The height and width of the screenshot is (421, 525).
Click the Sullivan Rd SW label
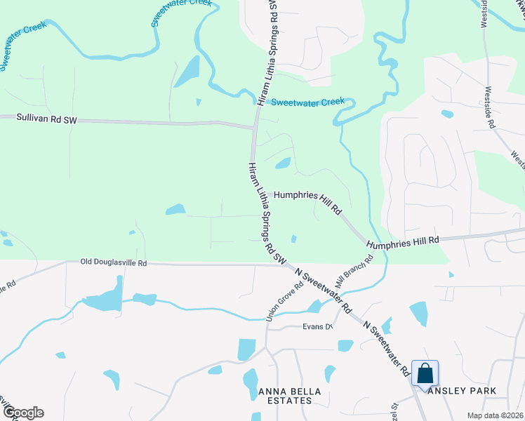pyautogui.click(x=46, y=120)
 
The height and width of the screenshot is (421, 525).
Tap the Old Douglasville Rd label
pyautogui.click(x=113, y=263)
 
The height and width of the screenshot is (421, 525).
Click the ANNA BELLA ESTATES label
pyautogui.click(x=285, y=396)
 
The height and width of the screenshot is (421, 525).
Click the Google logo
pyautogui.click(x=22, y=413)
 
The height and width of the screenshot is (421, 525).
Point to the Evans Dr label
pyautogui.click(x=317, y=326)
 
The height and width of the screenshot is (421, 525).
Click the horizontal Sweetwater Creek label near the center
pyautogui.click(x=307, y=102)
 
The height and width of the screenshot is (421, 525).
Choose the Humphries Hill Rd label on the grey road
pyautogui.click(x=403, y=240)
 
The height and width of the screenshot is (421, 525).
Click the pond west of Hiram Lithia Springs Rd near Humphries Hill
pyautogui.click(x=175, y=209)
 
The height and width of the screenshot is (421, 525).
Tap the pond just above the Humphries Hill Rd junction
pyautogui.click(x=283, y=163)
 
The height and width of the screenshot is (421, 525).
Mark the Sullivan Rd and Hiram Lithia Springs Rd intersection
pyautogui.click(x=254, y=128)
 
